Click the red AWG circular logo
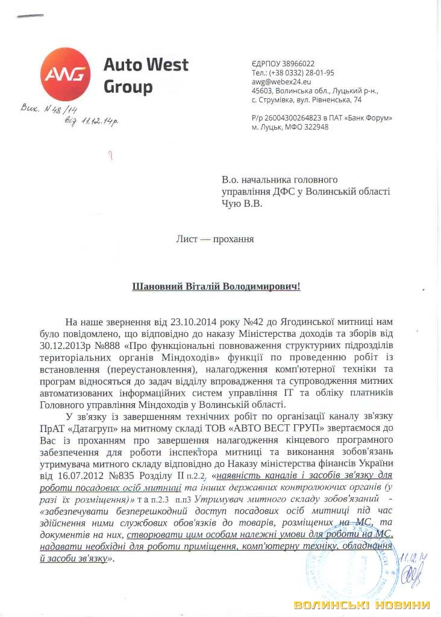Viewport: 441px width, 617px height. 66,74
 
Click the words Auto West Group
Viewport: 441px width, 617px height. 146,75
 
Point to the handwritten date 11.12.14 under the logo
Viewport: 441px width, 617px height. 97,121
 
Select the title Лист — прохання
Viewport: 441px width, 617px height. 215,239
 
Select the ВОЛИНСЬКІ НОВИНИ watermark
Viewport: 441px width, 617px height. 362,604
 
